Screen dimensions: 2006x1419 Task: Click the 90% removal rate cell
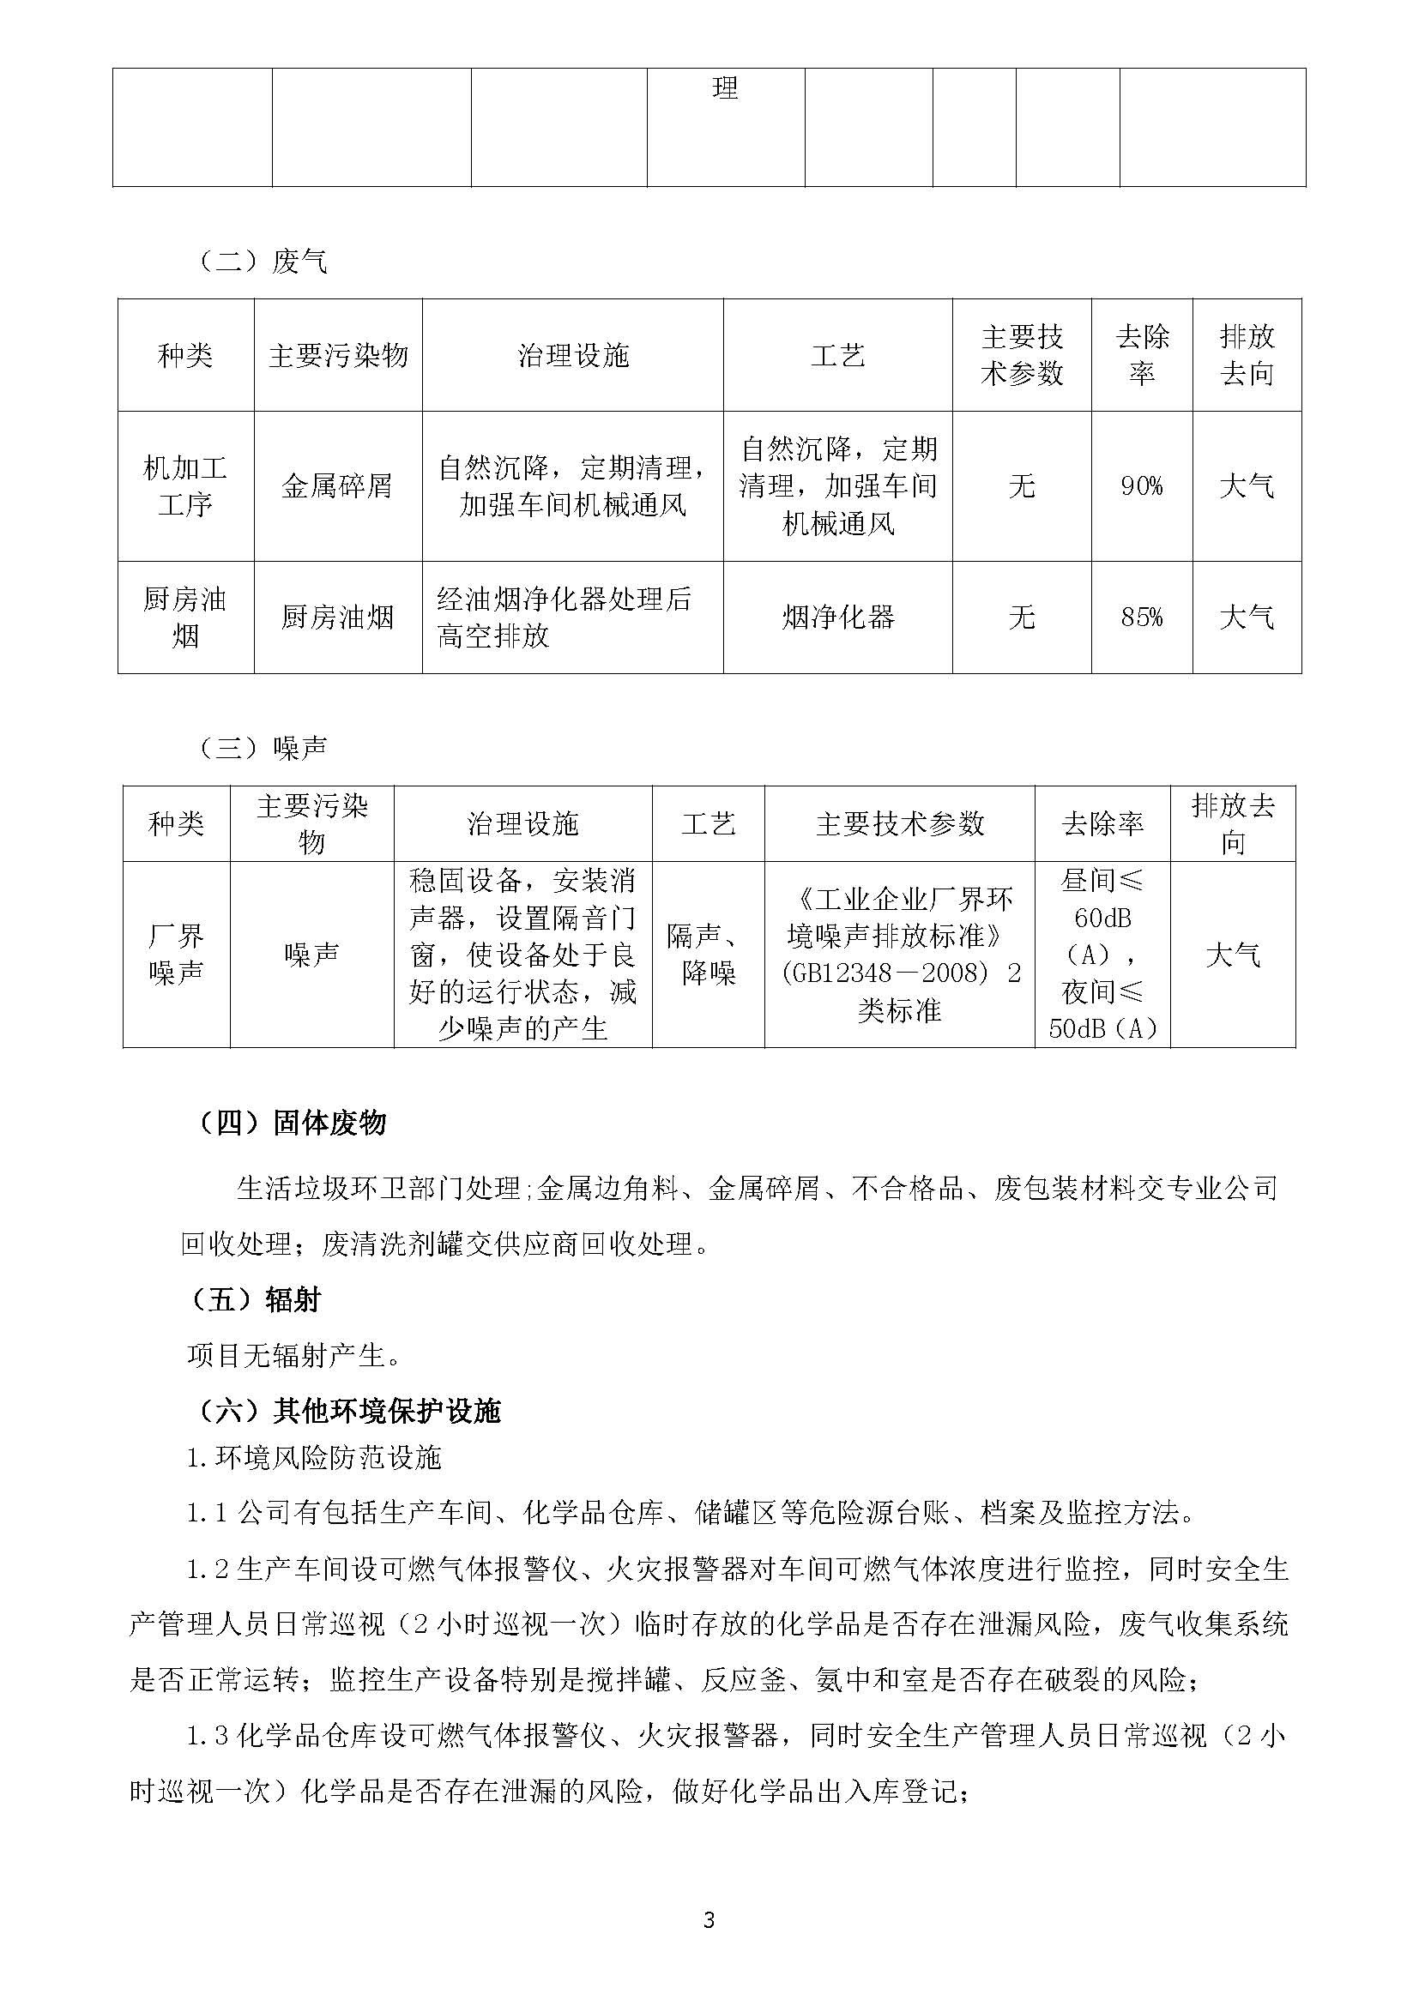[x=1141, y=485]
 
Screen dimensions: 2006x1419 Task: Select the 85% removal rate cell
[x=1141, y=617]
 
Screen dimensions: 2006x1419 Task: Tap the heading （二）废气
[x=263, y=262]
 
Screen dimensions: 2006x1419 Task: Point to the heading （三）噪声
[x=263, y=747]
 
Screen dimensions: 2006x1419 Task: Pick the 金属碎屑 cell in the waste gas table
[x=337, y=485]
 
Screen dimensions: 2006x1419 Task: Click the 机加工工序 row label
[x=185, y=485]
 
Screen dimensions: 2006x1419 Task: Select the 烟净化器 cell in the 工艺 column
[x=837, y=617]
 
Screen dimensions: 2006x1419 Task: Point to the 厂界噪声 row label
[x=176, y=954]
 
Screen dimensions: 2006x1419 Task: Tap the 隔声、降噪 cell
[x=708, y=954]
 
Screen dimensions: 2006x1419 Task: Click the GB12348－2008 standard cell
[x=899, y=954]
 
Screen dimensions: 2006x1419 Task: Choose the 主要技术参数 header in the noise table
[x=899, y=823]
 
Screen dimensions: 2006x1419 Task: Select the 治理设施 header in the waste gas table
[x=572, y=356]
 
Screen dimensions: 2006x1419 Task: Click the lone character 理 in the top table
[x=725, y=88]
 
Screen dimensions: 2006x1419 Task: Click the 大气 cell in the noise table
[x=1232, y=954]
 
